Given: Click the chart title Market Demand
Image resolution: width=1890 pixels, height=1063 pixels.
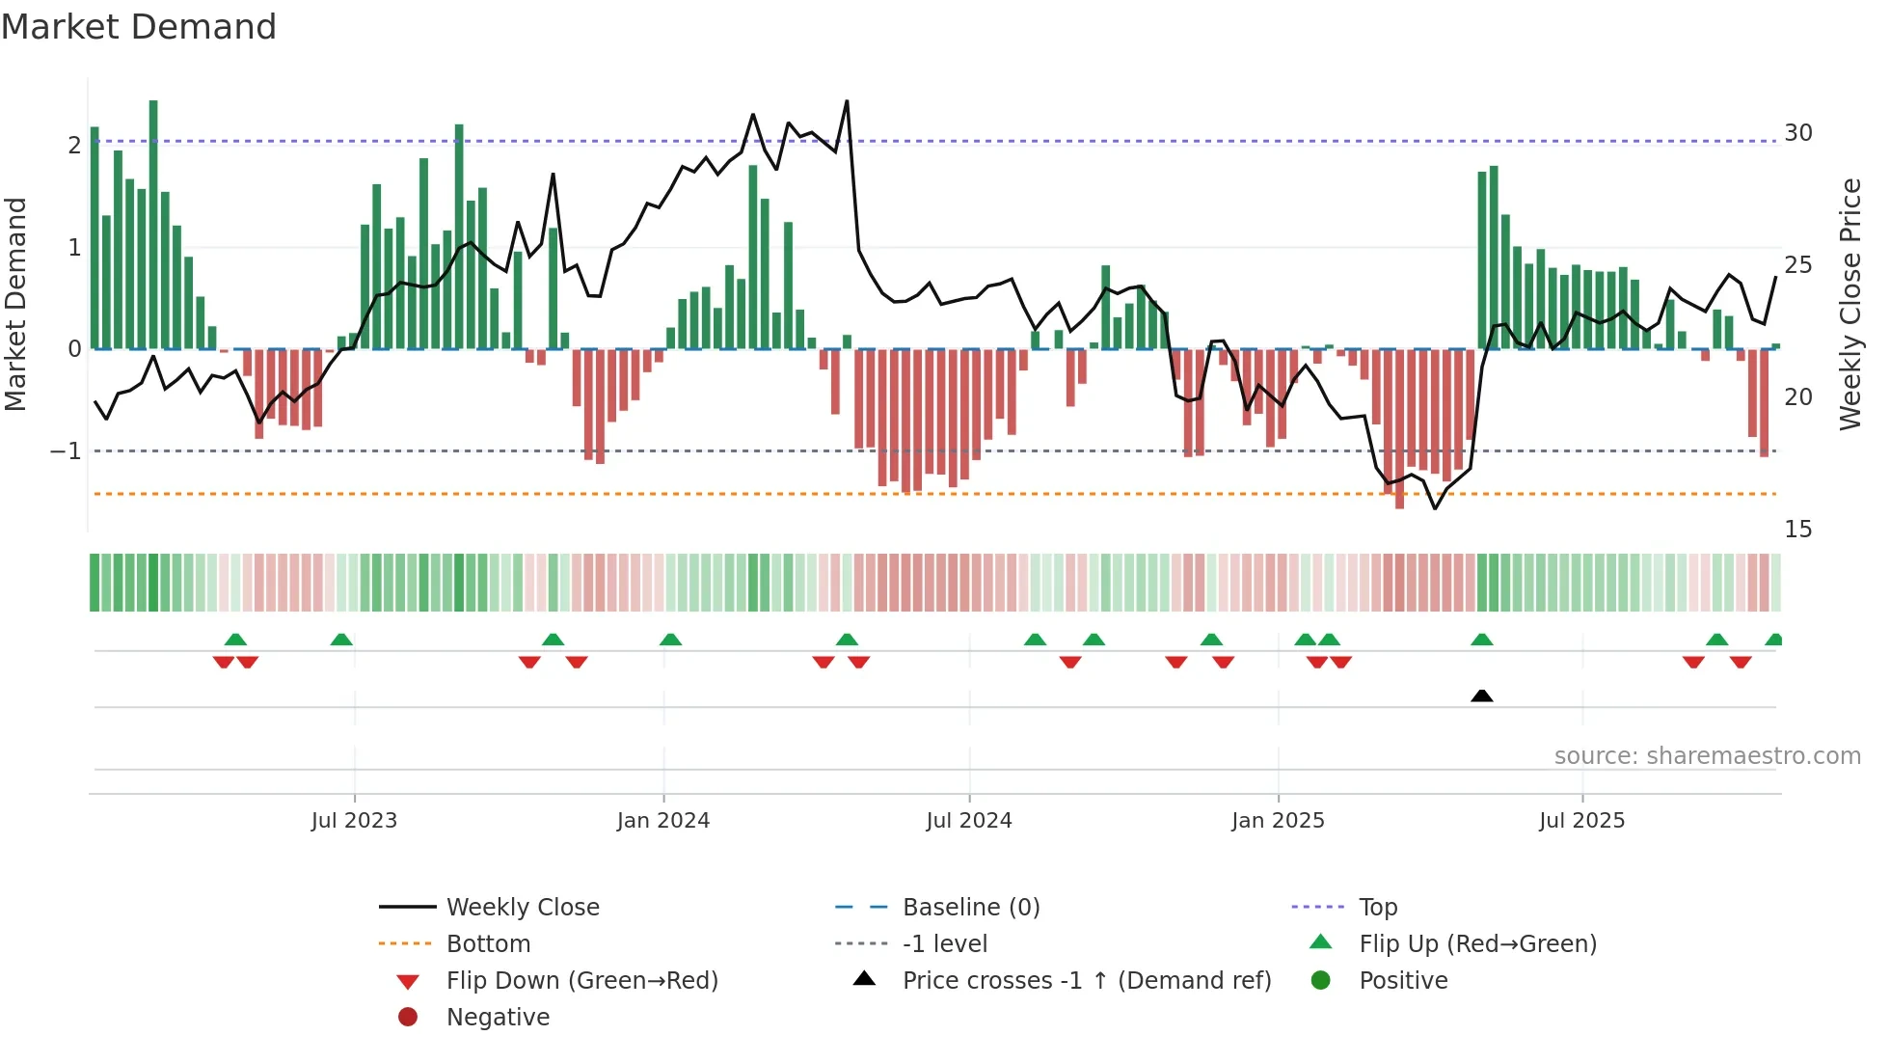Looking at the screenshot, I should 139,27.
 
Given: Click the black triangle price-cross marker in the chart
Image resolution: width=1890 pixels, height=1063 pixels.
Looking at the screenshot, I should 1482,695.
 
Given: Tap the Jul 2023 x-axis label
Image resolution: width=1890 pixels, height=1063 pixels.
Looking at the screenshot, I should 354,821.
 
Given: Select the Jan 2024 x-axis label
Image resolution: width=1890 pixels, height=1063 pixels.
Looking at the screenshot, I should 663,821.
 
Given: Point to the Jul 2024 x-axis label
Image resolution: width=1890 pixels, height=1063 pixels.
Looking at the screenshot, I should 969,821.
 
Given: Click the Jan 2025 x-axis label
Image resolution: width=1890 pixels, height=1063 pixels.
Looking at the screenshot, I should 1278,821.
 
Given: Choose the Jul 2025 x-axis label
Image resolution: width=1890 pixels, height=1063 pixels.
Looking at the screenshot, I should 1582,821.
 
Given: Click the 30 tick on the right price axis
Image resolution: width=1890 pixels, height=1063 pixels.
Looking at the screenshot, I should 1798,133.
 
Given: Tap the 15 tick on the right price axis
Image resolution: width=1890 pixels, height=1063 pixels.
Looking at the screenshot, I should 1798,530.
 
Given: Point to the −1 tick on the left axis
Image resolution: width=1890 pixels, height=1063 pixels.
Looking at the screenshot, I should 66,451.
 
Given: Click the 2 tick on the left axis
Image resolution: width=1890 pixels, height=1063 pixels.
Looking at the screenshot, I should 74,146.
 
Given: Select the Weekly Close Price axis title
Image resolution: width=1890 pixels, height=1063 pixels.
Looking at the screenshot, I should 1849,304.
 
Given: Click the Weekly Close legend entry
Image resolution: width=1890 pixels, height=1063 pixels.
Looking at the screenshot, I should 522,908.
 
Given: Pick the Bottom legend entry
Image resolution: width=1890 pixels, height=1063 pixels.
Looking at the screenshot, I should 488,944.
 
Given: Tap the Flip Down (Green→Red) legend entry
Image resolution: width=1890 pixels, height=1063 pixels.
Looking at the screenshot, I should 581,981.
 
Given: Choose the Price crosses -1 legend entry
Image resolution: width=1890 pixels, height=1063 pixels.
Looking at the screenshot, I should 1086,981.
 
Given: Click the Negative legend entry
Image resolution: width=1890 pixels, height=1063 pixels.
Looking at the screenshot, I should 498,1018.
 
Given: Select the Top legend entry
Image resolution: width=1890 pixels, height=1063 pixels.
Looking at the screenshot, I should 1378,908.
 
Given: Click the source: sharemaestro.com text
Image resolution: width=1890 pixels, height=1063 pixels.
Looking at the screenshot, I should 1707,756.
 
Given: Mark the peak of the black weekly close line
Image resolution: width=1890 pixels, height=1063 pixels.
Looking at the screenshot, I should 847,101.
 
